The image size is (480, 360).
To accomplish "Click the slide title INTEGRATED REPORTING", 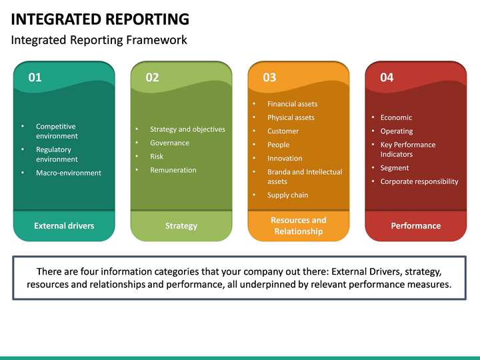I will click(100, 19).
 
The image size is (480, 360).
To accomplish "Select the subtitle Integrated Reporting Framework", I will click(99, 40).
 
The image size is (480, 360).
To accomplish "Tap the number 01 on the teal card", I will click(35, 77).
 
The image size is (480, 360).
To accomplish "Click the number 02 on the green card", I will click(152, 77).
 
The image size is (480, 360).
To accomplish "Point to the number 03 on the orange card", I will click(269, 77).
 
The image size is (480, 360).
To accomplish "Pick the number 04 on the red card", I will click(387, 77).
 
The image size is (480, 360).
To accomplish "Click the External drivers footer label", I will click(64, 226).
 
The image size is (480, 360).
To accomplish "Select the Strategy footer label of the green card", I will click(181, 226).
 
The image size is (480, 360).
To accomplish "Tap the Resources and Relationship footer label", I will click(299, 225).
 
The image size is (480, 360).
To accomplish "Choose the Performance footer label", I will click(416, 226).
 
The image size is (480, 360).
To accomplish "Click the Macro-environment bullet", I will click(69, 173).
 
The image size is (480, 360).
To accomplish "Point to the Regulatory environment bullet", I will click(57, 154).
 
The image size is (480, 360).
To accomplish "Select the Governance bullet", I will click(169, 143).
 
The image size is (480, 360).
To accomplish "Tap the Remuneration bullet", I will click(173, 170).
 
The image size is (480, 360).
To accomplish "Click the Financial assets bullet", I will click(292, 104).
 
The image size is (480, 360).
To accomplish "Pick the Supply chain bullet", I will click(287, 195).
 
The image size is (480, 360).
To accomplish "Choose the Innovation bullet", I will click(285, 159).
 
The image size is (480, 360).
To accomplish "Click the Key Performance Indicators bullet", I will click(407, 149).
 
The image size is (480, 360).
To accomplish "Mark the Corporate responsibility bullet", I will click(419, 181).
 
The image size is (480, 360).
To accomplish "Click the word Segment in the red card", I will click(395, 168).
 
